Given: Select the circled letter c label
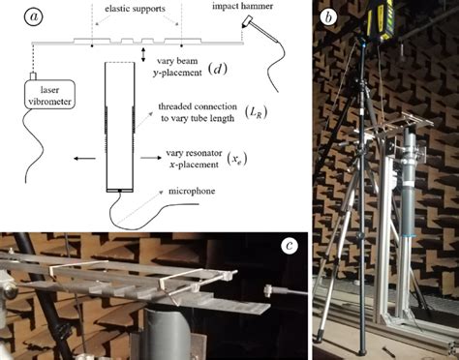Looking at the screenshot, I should point(289,245).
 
